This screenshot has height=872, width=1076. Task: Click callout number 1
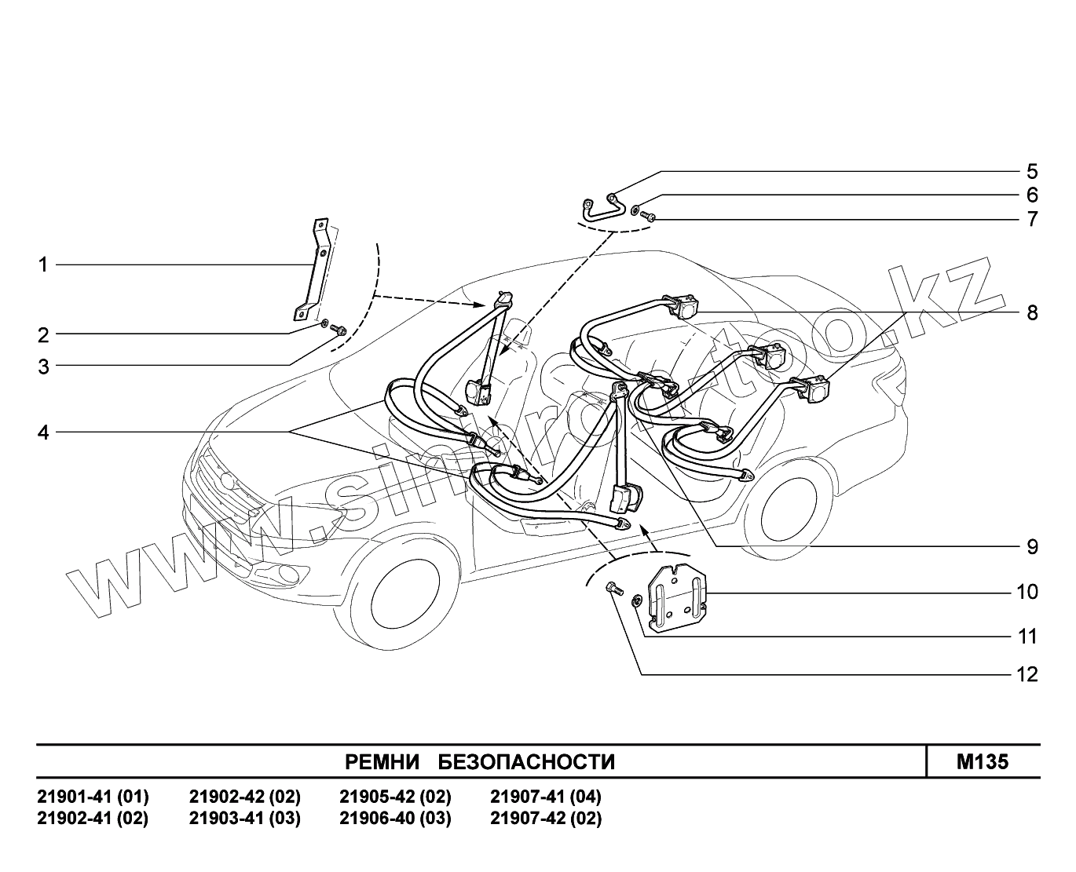click(x=44, y=265)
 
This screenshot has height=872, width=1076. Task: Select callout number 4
click(x=44, y=432)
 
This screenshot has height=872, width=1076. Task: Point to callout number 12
click(x=1027, y=674)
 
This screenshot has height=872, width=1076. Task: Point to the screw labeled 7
click(x=649, y=216)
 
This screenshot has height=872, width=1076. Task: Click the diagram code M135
click(x=983, y=762)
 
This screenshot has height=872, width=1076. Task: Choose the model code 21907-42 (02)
click(x=546, y=819)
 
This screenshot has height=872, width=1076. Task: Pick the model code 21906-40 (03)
click(x=395, y=819)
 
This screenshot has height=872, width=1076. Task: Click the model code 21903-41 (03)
click(x=244, y=819)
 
